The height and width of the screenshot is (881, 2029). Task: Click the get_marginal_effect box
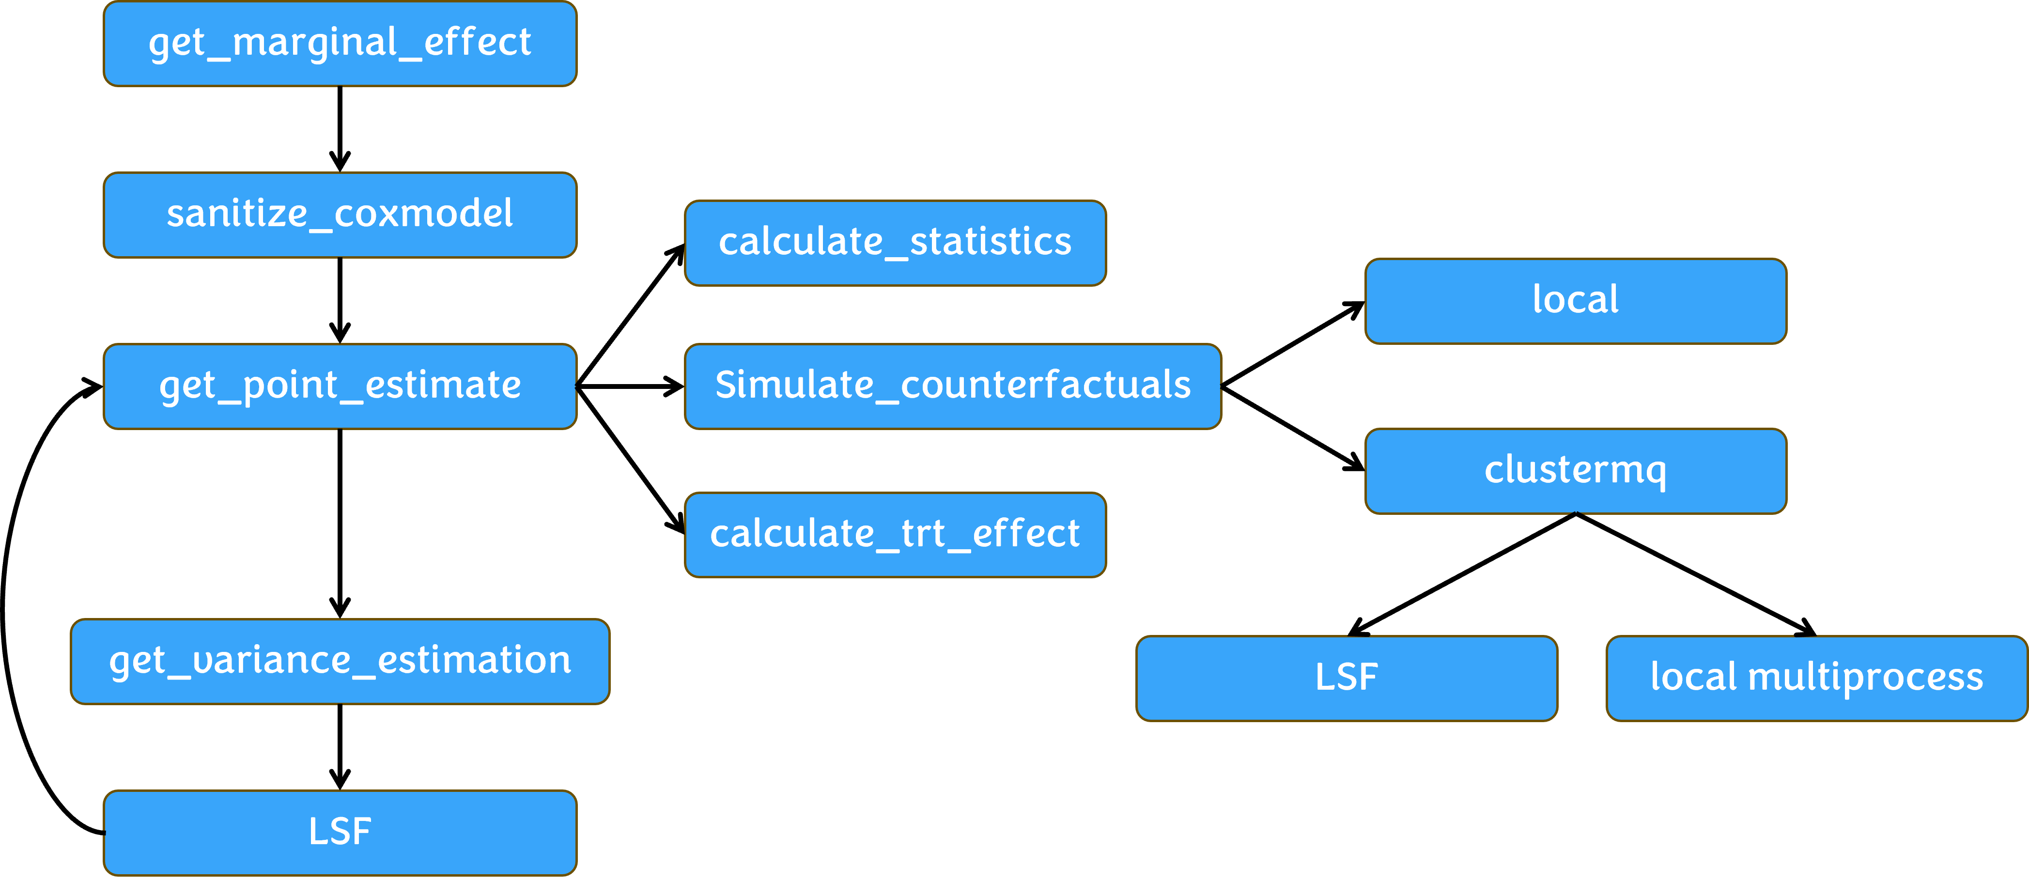(340, 43)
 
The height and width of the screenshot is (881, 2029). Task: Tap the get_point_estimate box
(340, 386)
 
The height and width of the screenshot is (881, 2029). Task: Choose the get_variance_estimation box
(340, 661)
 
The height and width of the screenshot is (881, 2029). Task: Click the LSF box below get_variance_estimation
(340, 832)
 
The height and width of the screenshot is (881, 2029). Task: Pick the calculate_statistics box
(895, 243)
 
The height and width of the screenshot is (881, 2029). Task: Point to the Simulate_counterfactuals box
(952, 386)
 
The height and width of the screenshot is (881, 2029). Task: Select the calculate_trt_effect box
(895, 535)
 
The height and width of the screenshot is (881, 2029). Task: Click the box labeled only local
(1575, 301)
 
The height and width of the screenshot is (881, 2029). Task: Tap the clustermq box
(1575, 471)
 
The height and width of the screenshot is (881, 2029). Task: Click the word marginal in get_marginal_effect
(315, 43)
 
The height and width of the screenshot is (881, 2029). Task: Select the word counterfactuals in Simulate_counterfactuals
(1045, 386)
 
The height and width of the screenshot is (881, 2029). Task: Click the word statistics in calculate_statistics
(990, 243)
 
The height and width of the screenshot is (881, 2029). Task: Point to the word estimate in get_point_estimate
(443, 386)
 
